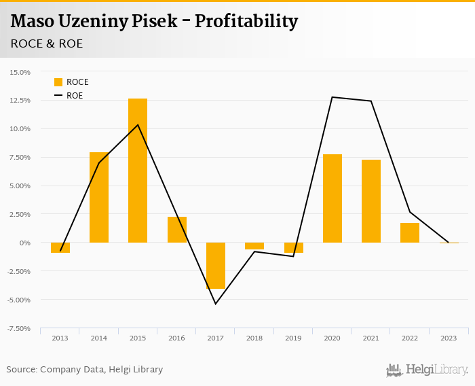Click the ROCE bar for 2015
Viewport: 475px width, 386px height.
click(138, 171)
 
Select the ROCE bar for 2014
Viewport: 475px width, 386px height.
click(99, 197)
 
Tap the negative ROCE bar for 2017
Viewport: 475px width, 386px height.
click(216, 266)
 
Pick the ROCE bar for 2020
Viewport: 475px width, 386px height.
click(332, 198)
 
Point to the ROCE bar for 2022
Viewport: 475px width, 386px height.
click(410, 232)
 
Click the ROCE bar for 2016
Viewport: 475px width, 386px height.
click(177, 230)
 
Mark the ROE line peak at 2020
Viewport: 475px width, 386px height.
click(332, 97)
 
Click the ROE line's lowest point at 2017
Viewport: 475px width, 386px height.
click(216, 304)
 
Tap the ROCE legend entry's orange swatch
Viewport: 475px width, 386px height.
click(58, 82)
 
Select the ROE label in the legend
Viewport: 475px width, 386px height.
click(75, 96)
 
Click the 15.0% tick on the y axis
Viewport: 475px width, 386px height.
click(20, 71)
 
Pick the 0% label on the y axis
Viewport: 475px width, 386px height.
click(25, 243)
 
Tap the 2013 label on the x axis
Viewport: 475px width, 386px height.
click(60, 338)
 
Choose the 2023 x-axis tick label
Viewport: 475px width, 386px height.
click(449, 338)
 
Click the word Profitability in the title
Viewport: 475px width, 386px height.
click(246, 22)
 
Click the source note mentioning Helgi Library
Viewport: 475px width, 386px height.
click(85, 370)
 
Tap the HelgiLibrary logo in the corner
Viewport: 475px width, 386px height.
click(427, 370)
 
